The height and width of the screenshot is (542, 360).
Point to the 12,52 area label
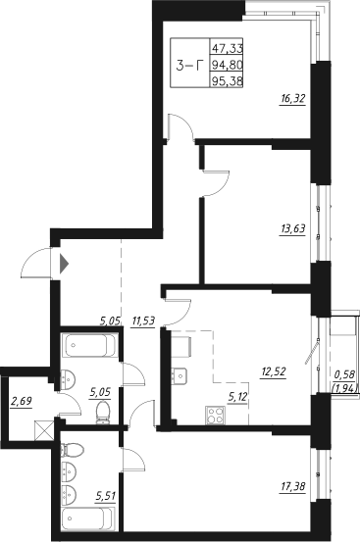273,370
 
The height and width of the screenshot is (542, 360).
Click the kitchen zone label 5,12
238,396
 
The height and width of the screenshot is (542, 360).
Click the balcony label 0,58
343,373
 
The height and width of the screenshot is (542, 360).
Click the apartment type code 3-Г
186,67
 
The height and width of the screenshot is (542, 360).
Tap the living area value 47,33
227,48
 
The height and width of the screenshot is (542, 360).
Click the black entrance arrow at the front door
63,263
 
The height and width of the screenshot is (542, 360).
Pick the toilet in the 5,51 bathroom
68,452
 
